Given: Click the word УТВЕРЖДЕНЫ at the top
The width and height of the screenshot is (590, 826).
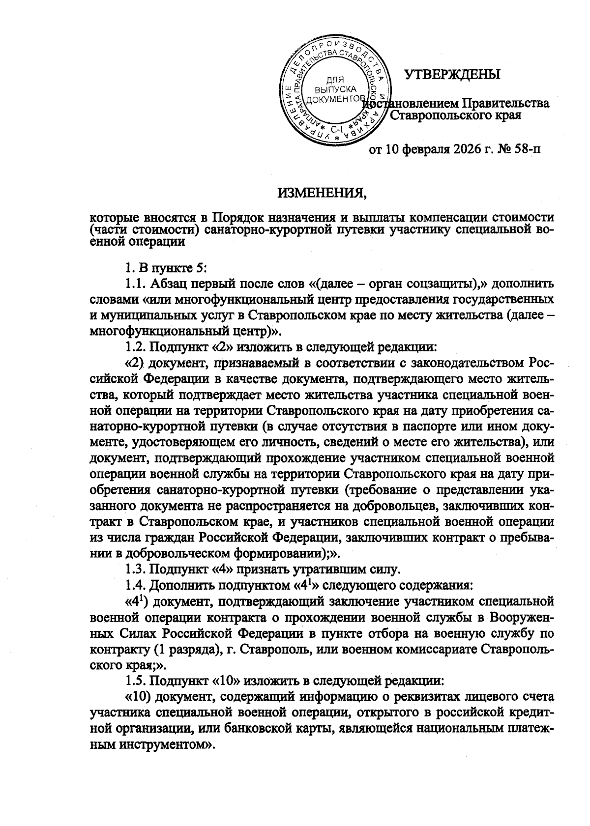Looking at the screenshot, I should point(452,75).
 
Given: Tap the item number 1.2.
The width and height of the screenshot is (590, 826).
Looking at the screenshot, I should point(135,347).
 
